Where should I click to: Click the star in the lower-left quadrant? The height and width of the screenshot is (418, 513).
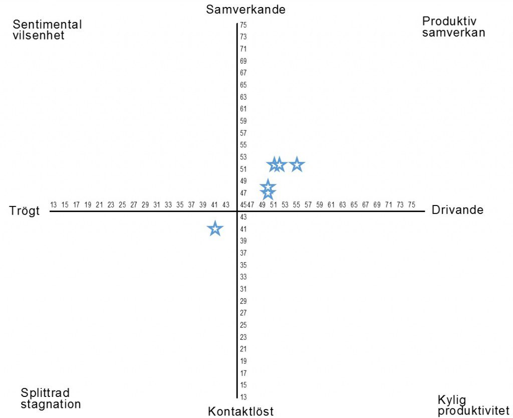coord(215,229)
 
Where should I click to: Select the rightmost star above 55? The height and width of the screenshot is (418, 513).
coord(297,164)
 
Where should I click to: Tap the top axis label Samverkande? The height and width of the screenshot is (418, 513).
coord(245,10)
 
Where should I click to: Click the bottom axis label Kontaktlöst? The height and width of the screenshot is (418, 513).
coord(241,411)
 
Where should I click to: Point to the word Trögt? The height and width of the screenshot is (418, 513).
coord(24,211)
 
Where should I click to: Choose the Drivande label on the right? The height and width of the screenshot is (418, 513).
coord(457,210)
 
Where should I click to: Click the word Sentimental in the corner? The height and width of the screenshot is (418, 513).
coord(47,25)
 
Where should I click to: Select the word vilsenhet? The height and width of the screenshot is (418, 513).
coord(39,36)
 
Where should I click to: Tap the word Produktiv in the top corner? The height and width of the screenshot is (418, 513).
coord(449,21)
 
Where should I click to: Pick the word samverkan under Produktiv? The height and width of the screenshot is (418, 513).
coord(454,33)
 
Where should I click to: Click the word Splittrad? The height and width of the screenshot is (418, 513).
coord(45,392)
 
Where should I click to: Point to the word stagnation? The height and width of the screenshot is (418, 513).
coord(51,404)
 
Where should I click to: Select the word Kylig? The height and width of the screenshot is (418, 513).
coord(451,400)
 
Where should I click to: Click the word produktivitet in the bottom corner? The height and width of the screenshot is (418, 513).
coord(473,411)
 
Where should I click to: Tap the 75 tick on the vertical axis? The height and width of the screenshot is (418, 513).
coord(243,25)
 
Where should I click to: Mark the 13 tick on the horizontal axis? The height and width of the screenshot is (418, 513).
coord(54,204)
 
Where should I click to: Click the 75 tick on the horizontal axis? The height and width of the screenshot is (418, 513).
coord(411,204)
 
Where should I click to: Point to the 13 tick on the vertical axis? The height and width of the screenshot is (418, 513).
coord(243,397)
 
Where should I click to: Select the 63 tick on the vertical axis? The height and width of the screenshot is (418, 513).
coord(243,97)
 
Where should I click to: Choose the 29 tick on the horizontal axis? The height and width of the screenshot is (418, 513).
coord(145,204)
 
